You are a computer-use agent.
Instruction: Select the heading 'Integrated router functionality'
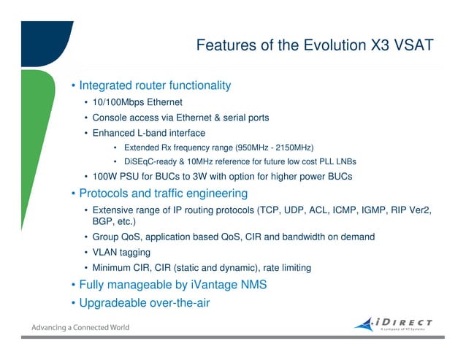coord(155,85)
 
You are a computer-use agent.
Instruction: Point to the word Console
coord(111,118)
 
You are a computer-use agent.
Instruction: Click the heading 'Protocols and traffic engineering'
coord(163,194)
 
